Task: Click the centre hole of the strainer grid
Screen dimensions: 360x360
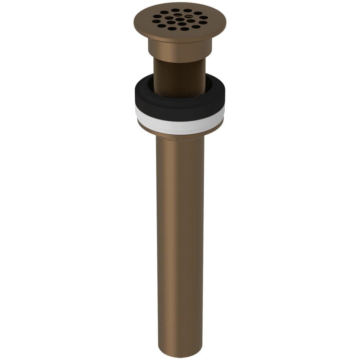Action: (x=180, y=21)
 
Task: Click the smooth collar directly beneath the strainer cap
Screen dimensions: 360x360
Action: (x=180, y=49)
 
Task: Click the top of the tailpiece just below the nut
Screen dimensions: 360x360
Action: (x=180, y=144)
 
